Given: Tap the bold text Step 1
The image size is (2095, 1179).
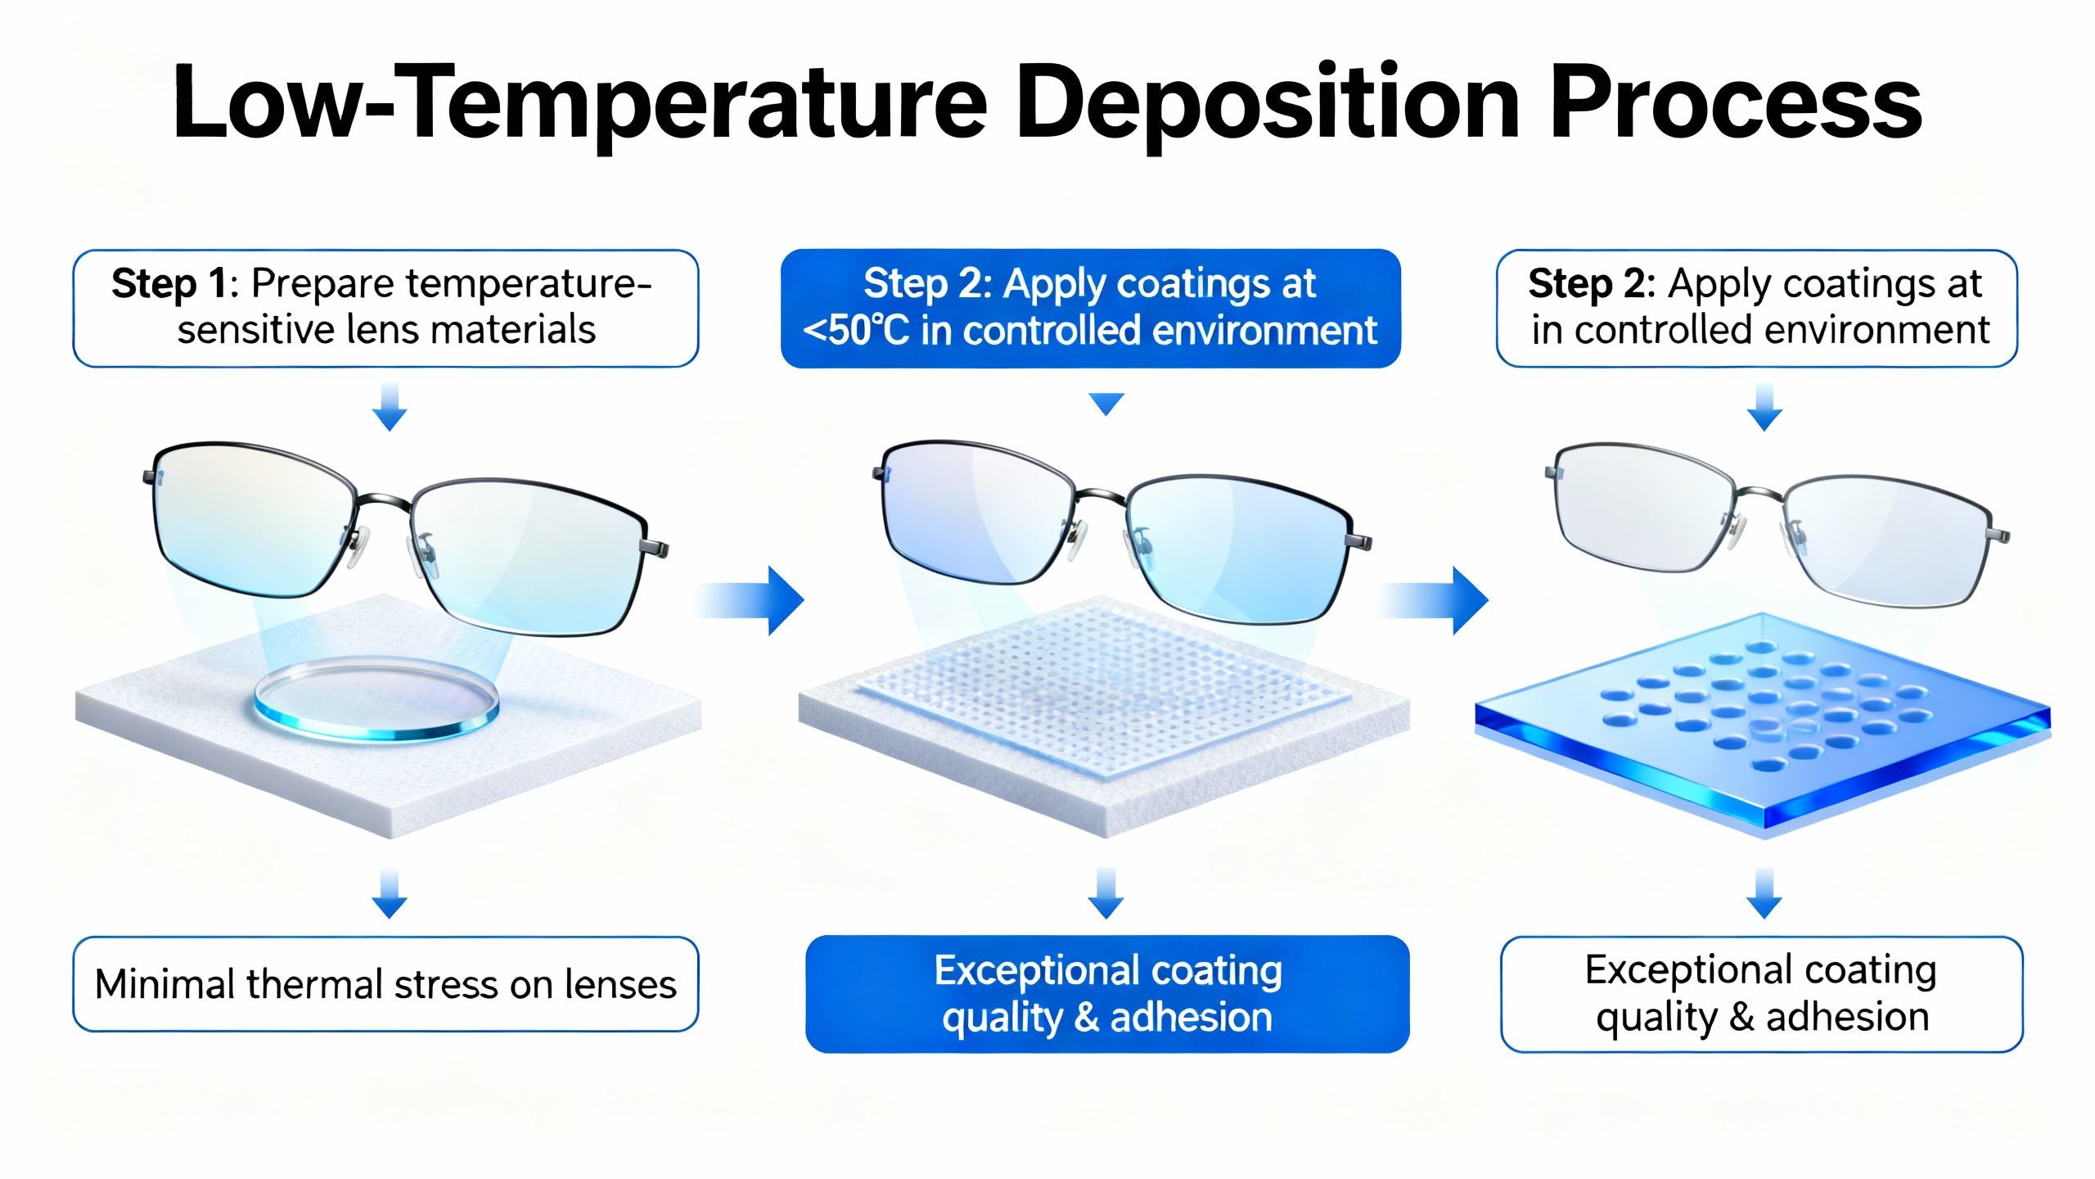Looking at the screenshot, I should (169, 284).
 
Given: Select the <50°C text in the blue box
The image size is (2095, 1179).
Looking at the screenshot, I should (855, 331).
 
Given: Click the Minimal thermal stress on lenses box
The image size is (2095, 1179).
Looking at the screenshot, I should (385, 984).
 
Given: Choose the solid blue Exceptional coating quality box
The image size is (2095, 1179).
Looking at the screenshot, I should (1106, 994).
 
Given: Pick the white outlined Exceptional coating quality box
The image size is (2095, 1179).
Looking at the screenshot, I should (1761, 994).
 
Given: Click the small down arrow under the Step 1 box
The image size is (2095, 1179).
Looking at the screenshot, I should (390, 407).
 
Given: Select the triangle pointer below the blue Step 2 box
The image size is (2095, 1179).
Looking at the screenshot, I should (1107, 404).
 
